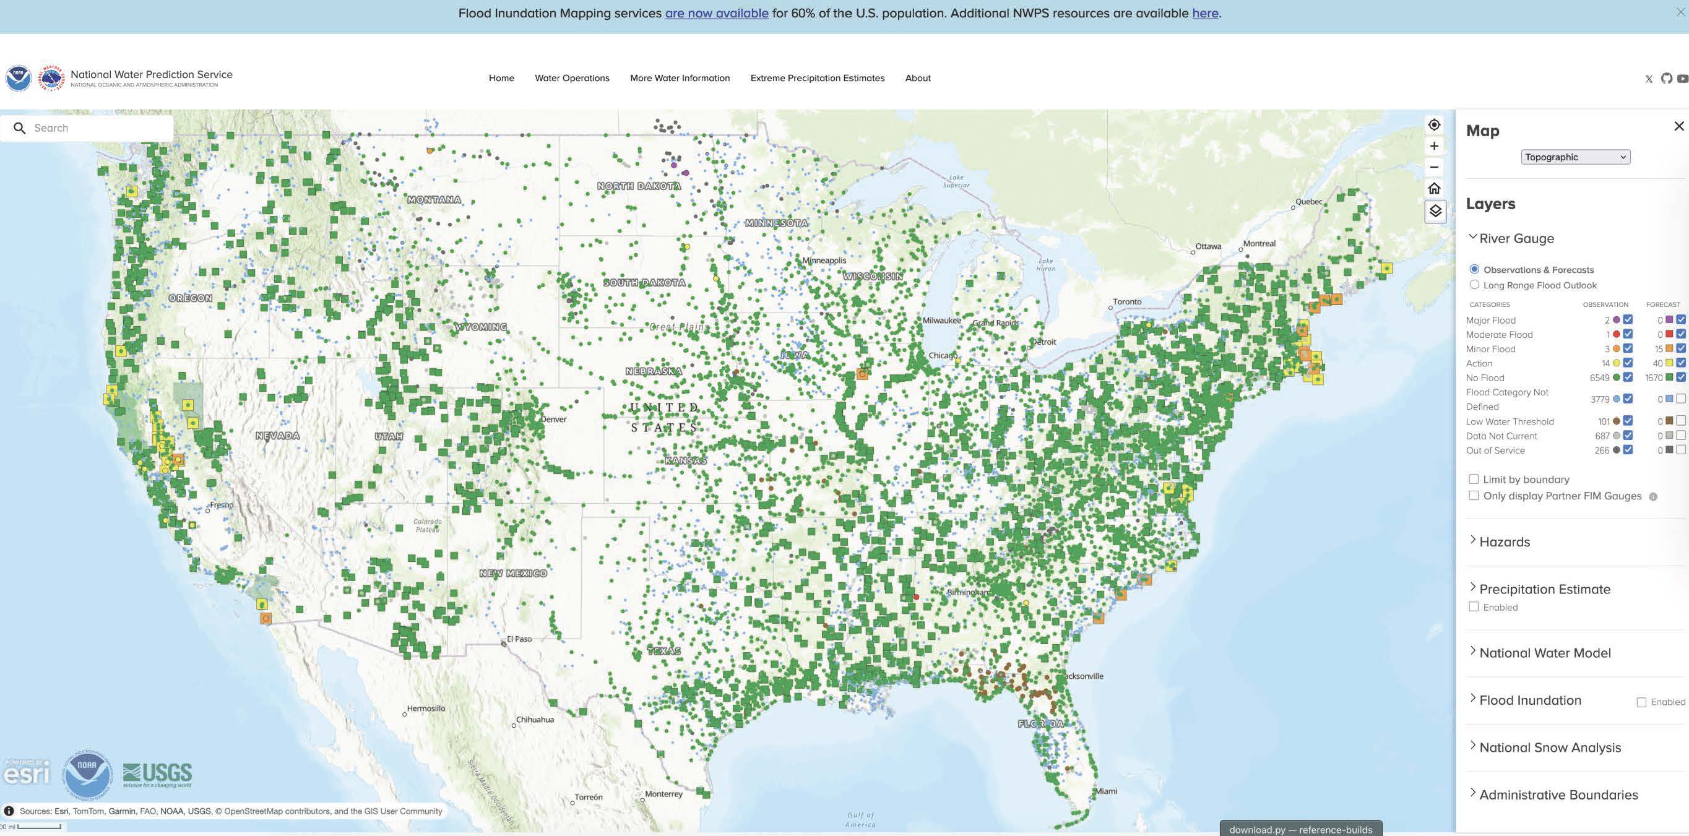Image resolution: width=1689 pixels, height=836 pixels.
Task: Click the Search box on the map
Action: tap(92, 128)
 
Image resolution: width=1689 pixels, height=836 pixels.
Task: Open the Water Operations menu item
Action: tap(572, 78)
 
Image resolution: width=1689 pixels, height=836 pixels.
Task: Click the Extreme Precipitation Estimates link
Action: tap(817, 78)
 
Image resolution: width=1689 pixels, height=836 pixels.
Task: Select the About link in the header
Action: tap(917, 78)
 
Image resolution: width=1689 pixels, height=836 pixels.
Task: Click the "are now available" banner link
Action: tap(717, 13)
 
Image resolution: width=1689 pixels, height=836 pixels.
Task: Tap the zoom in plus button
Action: tap(1434, 146)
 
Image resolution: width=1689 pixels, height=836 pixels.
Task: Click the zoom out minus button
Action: tap(1434, 167)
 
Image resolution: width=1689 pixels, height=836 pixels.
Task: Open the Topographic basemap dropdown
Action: tap(1575, 157)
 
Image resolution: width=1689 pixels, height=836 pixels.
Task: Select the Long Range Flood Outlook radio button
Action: tap(1475, 285)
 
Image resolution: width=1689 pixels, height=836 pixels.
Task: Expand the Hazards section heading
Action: tap(1504, 541)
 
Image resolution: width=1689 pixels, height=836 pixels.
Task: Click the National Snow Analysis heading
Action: tap(1549, 748)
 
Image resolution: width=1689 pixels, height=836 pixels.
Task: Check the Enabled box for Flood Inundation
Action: tap(1641, 702)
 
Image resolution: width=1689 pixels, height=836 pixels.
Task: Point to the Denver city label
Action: tap(553, 419)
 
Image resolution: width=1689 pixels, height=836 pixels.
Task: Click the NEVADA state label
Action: tap(277, 436)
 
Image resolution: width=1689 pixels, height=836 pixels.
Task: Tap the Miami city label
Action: tap(1106, 791)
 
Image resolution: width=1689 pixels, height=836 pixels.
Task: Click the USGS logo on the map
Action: tap(157, 774)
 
